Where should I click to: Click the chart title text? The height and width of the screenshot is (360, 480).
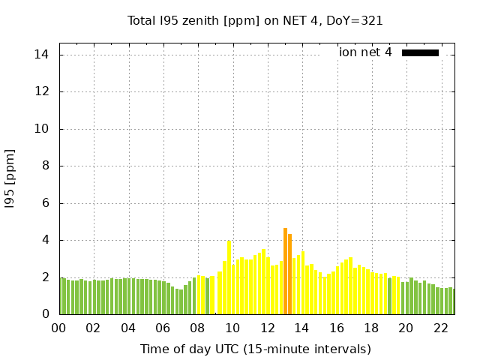255,21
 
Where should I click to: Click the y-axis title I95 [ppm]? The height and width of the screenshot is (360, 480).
10,178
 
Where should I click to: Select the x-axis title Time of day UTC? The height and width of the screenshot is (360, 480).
255,349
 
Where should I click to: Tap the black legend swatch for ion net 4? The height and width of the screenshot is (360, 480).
420,52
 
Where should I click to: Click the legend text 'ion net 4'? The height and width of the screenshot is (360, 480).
365,52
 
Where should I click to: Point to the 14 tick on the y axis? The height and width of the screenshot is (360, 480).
42,55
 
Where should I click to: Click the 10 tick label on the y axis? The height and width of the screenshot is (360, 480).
42,129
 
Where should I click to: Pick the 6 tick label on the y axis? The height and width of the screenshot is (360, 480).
46,203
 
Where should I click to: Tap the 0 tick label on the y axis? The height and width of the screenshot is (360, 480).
46,314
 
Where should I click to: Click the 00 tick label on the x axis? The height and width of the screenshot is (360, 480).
58,328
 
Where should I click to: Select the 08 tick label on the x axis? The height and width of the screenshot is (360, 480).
197,328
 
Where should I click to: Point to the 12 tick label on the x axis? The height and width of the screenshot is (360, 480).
267,328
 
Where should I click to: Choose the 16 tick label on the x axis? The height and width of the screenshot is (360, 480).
336,328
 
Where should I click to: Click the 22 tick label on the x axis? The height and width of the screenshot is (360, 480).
440,328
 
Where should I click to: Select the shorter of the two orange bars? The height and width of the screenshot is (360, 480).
289,274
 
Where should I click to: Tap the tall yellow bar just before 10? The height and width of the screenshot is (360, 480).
229,277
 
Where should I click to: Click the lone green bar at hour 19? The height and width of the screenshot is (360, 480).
389,296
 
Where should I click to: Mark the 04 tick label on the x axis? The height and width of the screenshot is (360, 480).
128,328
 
